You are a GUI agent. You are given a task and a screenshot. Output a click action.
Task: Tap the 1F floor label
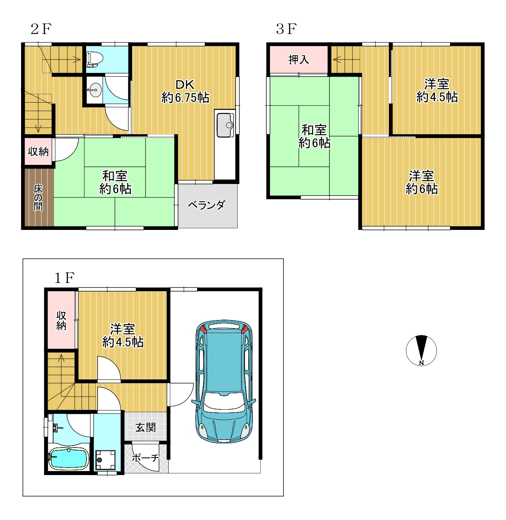pyautogui.click(x=64, y=278)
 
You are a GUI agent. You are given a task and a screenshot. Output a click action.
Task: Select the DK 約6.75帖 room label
pyautogui.click(x=185, y=91)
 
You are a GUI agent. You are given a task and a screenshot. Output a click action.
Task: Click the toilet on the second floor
pyautogui.click(x=95, y=59)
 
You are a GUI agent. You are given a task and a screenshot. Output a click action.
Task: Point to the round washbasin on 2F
pyautogui.click(x=94, y=90)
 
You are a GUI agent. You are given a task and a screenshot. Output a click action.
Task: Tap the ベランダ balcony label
pyautogui.click(x=207, y=205)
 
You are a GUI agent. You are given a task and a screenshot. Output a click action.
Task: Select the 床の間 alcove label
pyautogui.click(x=38, y=197)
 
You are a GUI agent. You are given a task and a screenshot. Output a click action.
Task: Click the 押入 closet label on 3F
pyautogui.click(x=298, y=59)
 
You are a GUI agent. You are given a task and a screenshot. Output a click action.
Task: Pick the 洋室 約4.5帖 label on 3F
pyautogui.click(x=437, y=91)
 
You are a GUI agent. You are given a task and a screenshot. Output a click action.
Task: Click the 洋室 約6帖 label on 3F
pyautogui.click(x=421, y=182)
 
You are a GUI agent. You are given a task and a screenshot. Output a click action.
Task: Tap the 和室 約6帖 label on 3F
pyautogui.click(x=315, y=136)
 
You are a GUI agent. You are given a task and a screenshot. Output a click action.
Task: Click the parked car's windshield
pyautogui.click(x=224, y=401)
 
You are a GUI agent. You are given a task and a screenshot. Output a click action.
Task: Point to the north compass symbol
pyautogui.click(x=421, y=350)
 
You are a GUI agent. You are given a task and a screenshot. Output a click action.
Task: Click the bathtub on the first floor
pyautogui.click(x=68, y=458)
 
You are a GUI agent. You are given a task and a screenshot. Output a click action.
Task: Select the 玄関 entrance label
pyautogui.click(x=145, y=427)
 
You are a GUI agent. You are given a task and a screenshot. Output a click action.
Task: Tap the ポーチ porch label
pyautogui.click(x=145, y=458)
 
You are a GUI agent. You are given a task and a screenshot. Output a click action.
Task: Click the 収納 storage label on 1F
pyautogui.click(x=61, y=320)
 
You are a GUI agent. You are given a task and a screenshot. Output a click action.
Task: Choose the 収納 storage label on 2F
pyautogui.click(x=38, y=151)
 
